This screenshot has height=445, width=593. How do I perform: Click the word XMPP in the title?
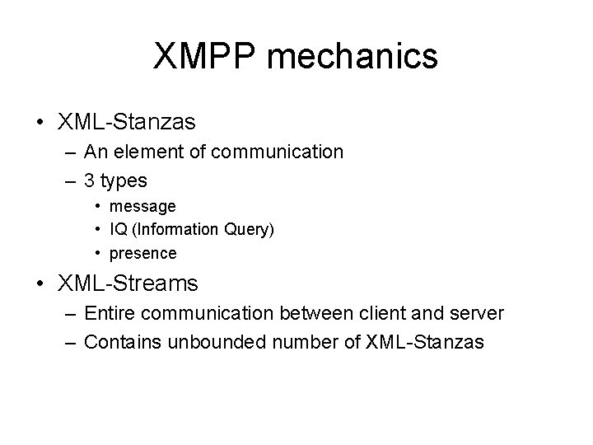[x=206, y=57]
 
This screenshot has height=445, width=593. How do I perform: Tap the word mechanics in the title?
[x=353, y=57]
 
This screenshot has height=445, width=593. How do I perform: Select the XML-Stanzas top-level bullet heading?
[x=127, y=123]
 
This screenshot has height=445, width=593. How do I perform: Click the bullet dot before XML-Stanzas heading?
[x=40, y=123]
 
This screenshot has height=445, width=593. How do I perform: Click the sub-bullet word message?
[x=142, y=206]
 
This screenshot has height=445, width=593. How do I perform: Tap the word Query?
[x=250, y=230]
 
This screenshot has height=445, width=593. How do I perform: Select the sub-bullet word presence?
[x=143, y=253]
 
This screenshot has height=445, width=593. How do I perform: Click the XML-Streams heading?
[x=128, y=284]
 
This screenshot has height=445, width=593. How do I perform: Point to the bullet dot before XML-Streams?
[x=40, y=284]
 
